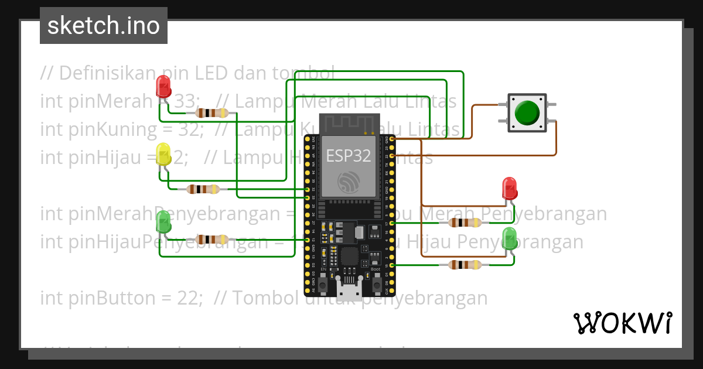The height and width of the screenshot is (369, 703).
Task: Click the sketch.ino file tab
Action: (x=104, y=26)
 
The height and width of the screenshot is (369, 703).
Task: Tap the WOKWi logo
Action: (x=622, y=323)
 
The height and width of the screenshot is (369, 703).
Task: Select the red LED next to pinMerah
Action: (x=163, y=88)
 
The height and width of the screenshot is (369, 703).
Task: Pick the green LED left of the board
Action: (x=163, y=221)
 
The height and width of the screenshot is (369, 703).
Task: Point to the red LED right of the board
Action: (x=510, y=189)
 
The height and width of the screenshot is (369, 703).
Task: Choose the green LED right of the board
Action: (x=510, y=239)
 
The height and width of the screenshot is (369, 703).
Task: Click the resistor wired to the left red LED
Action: (x=212, y=113)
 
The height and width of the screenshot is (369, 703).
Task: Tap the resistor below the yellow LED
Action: (x=203, y=189)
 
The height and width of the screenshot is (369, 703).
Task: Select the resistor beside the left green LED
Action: (x=212, y=239)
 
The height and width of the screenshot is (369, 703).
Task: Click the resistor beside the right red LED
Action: (x=465, y=223)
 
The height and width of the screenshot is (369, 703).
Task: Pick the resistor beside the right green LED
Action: (x=465, y=265)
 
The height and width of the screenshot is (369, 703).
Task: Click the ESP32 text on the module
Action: (x=349, y=156)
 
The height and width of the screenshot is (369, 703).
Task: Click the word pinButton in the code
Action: (x=98, y=298)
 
